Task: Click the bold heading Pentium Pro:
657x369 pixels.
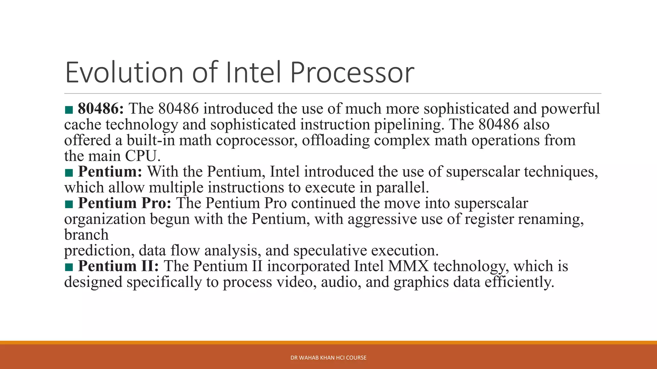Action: [125, 203]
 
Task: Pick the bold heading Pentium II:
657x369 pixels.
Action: [118, 266]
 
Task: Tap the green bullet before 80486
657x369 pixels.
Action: [69, 110]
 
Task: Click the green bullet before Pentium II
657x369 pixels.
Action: [69, 267]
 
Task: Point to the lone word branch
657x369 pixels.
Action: [86, 235]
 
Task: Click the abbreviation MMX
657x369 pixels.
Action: [408, 266]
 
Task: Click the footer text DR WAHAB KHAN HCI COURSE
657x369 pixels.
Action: [328, 358]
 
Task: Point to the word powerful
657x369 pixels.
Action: [570, 109]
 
